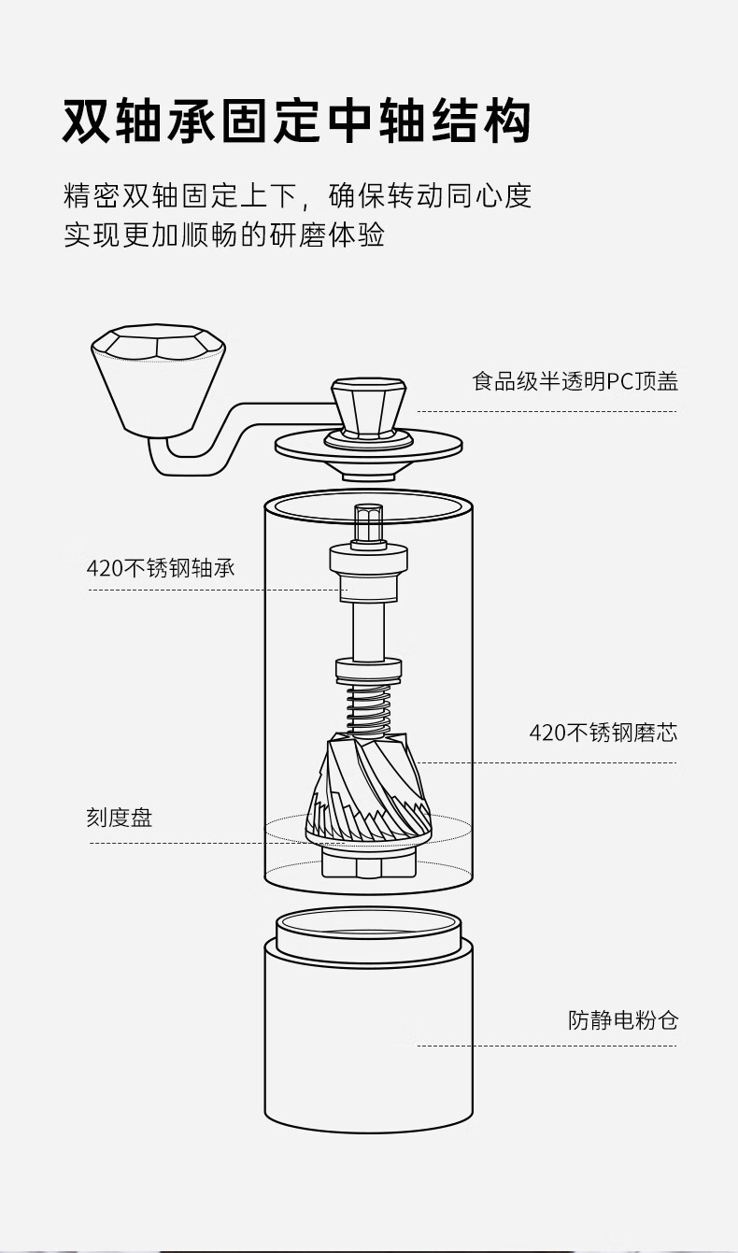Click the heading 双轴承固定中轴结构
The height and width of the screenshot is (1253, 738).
coord(297,122)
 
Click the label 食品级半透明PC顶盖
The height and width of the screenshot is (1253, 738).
coord(575,381)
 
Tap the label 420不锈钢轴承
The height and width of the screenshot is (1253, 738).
coord(161,568)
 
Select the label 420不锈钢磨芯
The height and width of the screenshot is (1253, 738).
coord(603,733)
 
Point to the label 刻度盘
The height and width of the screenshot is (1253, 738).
coord(120,819)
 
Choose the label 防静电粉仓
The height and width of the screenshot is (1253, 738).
coord(622,1019)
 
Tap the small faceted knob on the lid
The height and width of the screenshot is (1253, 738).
coord(369,406)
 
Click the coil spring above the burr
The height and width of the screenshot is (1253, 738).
coord(368,709)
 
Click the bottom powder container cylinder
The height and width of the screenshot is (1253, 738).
coord(368,1047)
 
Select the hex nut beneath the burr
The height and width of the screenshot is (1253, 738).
coord(368,861)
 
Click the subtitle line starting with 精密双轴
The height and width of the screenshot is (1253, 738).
coord(297,195)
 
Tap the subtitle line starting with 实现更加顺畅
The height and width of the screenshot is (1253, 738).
coord(224,234)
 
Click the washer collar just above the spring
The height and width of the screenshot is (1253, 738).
coord(368,668)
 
